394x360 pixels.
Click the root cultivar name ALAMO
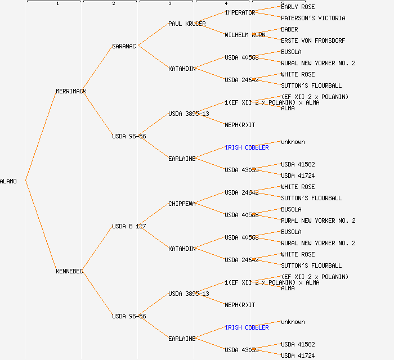(x=8, y=181)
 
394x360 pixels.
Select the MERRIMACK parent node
(x=71, y=91)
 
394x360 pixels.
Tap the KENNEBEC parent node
(x=69, y=271)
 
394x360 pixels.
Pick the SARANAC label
(x=124, y=46)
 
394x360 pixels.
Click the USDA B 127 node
(x=129, y=226)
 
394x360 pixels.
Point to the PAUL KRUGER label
(x=187, y=24)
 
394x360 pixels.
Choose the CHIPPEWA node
(x=182, y=204)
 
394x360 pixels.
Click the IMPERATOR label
(x=240, y=12)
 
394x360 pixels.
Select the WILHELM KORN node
(x=245, y=35)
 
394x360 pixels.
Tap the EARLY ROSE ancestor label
(x=298, y=7)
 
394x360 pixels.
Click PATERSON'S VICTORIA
(x=313, y=18)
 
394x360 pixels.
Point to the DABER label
(x=289, y=29)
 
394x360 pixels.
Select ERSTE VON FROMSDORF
(x=313, y=40)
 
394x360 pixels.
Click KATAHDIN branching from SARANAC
(x=182, y=69)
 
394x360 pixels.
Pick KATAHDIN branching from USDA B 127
(x=182, y=249)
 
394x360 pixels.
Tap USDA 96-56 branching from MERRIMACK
(x=129, y=136)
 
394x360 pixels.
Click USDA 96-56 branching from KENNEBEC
(x=129, y=316)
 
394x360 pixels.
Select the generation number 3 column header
(x=169, y=4)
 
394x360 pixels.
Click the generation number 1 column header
(x=57, y=4)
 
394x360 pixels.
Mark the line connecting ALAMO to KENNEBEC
(x=41, y=226)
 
